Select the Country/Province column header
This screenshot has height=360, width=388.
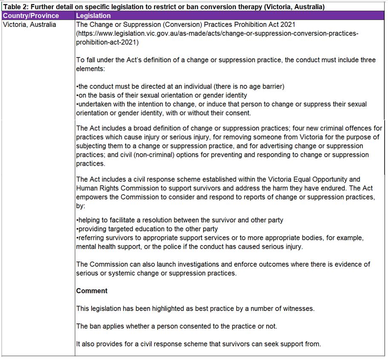point(31,16)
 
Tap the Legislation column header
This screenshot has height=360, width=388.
point(93,16)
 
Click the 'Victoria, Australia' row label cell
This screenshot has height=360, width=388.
point(29,24)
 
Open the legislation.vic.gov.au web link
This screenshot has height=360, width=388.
point(217,33)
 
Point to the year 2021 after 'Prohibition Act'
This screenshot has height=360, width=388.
point(287,24)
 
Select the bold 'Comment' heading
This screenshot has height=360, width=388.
point(92,291)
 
